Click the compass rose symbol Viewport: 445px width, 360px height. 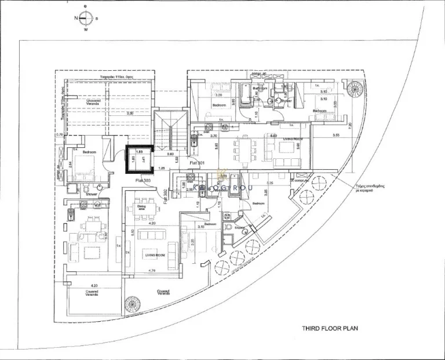coord(86,18)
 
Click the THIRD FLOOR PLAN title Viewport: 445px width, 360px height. coord(330,328)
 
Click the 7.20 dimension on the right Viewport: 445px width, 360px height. coord(349,125)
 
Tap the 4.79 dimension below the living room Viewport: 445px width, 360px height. coord(152,271)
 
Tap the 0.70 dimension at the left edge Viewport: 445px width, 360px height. coord(59,135)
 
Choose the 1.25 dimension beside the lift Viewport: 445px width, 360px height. coord(163,168)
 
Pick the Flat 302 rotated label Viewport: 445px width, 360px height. coord(165,198)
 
